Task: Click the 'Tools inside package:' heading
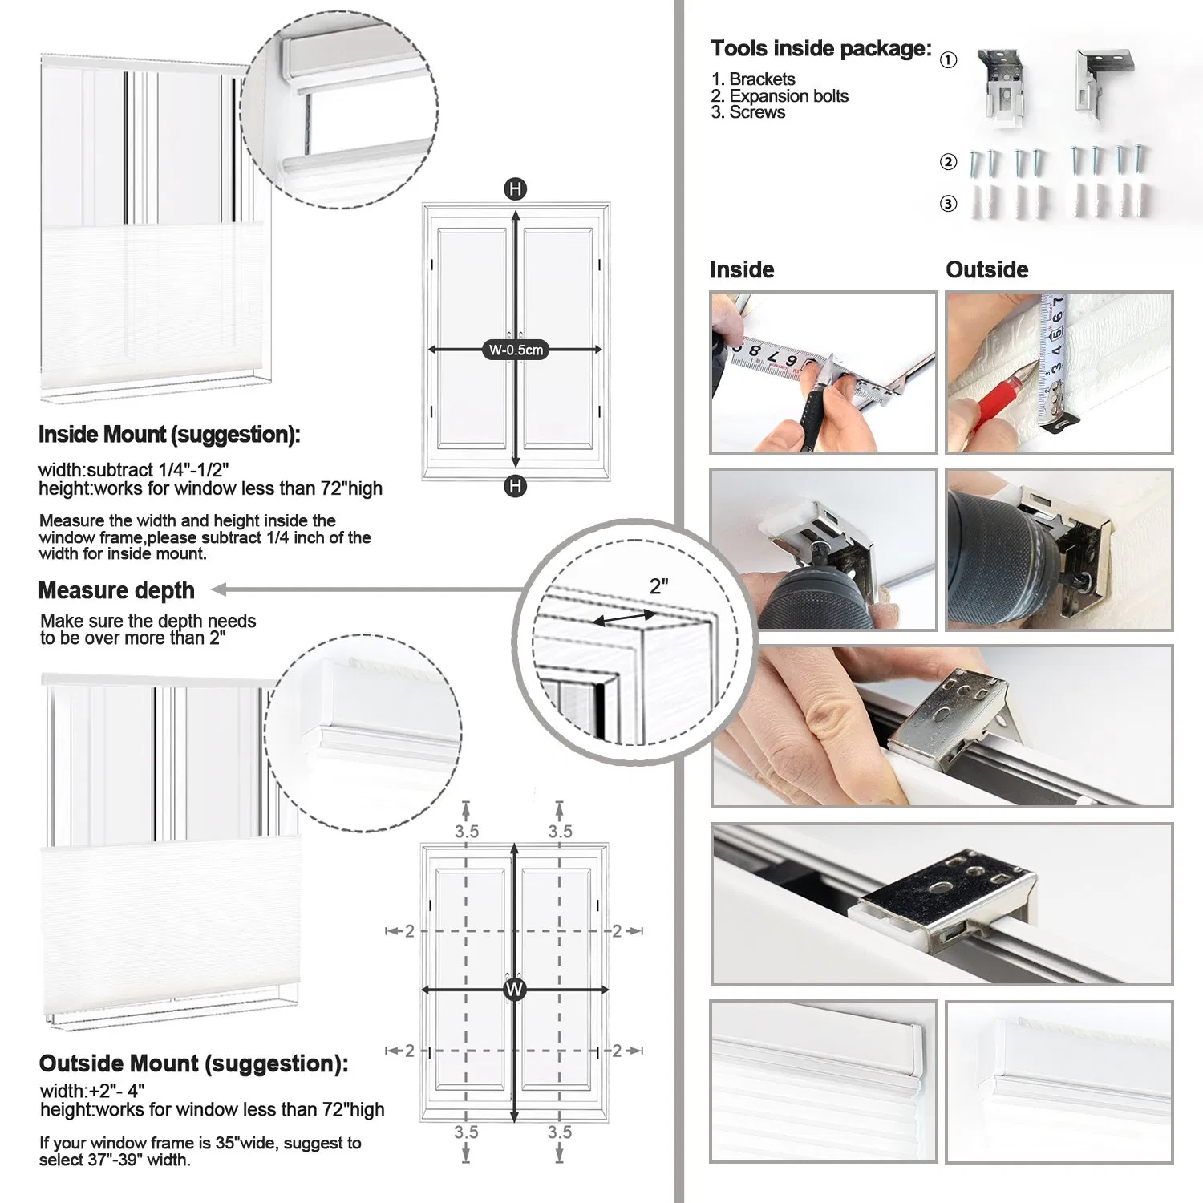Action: (x=820, y=49)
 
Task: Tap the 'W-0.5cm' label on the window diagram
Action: (x=516, y=350)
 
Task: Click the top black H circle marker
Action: (x=515, y=189)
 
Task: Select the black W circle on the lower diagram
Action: (x=514, y=989)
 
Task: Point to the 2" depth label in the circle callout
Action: (x=658, y=586)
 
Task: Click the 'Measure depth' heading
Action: (x=116, y=591)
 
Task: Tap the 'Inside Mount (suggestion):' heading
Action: (x=169, y=435)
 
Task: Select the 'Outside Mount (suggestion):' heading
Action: (x=193, y=1064)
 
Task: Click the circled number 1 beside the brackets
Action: (x=948, y=60)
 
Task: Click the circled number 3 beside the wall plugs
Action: (x=948, y=204)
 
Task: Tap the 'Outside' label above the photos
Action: (x=986, y=269)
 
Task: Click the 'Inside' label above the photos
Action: (x=742, y=269)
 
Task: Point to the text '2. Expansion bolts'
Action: (x=779, y=96)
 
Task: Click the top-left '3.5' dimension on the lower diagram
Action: (x=466, y=832)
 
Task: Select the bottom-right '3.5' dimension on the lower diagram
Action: (x=560, y=1132)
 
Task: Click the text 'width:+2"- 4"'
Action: (x=92, y=1091)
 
